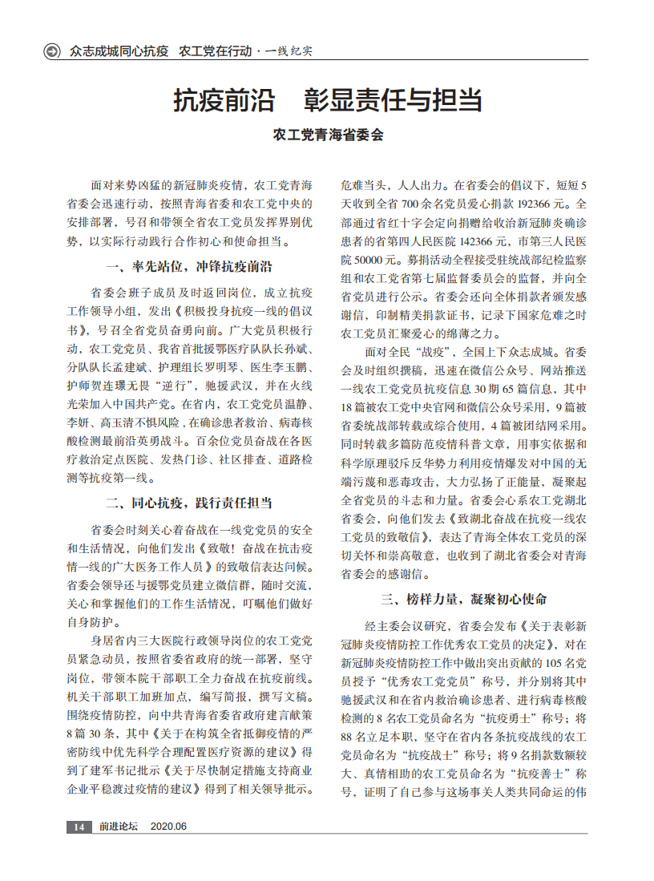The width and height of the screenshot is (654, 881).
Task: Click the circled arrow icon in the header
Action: (x=53, y=51)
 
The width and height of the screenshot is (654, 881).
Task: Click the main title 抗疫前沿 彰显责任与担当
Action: (x=328, y=101)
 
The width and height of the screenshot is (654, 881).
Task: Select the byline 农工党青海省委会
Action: (x=328, y=135)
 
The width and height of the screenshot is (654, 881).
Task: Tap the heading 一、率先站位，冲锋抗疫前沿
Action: (x=189, y=267)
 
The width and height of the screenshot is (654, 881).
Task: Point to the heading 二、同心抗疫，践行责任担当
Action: (x=189, y=503)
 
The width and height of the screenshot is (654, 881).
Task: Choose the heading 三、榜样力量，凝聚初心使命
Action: (x=464, y=599)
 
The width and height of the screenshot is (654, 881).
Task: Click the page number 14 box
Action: (x=79, y=826)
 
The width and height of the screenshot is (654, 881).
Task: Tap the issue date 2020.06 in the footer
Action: (x=168, y=826)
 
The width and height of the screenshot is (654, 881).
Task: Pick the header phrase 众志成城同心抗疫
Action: (x=119, y=51)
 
